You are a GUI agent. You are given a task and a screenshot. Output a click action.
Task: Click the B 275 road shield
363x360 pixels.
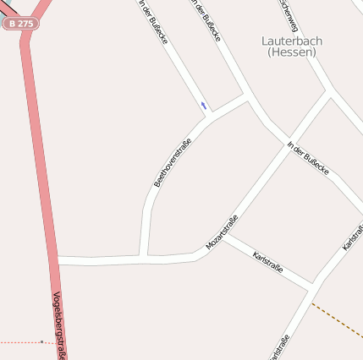point(19,24)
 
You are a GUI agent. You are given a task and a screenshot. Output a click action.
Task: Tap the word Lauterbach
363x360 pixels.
point(292,41)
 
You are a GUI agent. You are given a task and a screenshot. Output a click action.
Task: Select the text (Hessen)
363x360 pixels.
point(292,52)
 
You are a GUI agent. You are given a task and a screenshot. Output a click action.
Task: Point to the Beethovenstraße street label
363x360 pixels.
point(170,161)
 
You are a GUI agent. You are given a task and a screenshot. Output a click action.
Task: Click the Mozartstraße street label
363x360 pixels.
point(222,232)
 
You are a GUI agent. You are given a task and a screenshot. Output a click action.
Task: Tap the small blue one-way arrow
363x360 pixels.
point(203,106)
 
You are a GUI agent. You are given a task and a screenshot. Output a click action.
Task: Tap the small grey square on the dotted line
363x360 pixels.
point(41,341)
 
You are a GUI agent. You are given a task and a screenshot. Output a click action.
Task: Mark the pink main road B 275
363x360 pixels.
point(39,169)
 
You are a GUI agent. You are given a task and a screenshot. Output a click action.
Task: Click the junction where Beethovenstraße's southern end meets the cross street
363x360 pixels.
point(144,256)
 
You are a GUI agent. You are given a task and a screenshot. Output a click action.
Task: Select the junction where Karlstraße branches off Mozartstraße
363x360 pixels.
point(223,237)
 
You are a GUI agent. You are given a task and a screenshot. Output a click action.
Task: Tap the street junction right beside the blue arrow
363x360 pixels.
point(212,112)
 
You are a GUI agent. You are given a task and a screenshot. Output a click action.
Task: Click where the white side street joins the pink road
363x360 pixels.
point(58,260)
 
